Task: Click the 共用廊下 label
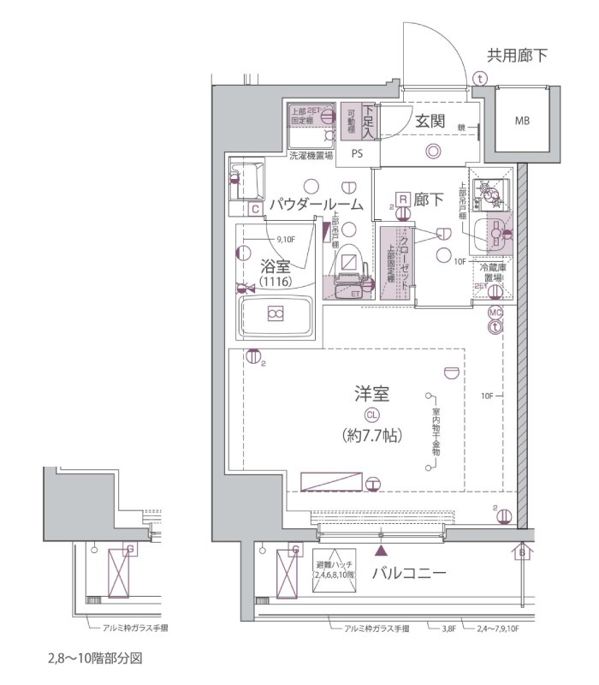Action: point(517,57)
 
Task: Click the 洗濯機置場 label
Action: point(310,156)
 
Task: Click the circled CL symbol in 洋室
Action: point(372,414)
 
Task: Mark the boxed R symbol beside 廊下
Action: point(401,199)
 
